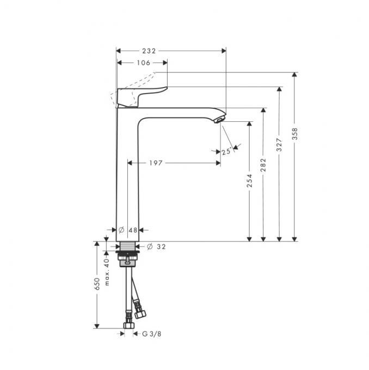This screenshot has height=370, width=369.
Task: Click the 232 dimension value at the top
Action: (149, 51)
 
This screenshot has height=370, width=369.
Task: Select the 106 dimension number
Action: (143, 63)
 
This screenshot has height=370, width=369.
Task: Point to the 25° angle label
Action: (227, 152)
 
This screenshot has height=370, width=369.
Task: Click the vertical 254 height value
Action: (250, 180)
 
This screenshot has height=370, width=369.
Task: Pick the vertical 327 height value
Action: (280, 145)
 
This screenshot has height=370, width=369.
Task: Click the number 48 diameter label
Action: (133, 230)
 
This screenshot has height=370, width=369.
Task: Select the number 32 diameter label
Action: (161, 246)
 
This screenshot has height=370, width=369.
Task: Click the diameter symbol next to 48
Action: (121, 230)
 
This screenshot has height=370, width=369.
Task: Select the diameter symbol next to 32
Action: (149, 246)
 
